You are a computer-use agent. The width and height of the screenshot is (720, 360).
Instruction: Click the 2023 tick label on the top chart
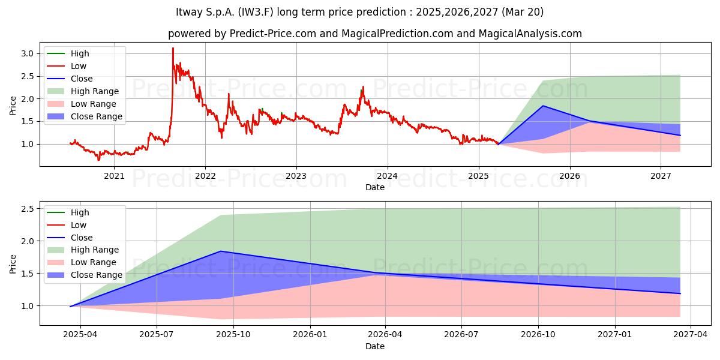click(x=296, y=176)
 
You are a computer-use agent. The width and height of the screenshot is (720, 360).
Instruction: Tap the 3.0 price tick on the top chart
click(x=28, y=53)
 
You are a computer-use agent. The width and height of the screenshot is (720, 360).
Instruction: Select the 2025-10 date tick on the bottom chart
click(x=233, y=335)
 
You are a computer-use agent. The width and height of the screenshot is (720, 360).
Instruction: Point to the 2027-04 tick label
click(x=691, y=335)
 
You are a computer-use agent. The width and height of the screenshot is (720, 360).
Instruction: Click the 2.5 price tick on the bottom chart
click(x=28, y=209)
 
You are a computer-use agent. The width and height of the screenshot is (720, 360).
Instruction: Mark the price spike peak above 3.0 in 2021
click(x=173, y=48)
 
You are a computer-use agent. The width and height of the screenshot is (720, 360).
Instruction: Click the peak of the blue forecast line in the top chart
click(x=543, y=106)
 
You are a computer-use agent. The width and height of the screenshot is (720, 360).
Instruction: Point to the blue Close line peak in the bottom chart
click(x=221, y=251)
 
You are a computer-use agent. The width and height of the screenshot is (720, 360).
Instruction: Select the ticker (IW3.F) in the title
click(x=256, y=12)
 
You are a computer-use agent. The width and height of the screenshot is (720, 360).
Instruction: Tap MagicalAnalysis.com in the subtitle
click(x=530, y=34)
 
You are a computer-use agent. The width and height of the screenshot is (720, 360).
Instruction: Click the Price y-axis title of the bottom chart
click(x=13, y=264)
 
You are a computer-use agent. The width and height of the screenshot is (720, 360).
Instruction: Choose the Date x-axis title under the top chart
click(x=375, y=187)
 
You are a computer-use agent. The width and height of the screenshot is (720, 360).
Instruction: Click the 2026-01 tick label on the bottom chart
click(x=310, y=335)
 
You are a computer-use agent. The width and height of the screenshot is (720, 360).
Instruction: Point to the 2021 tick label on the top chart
click(x=114, y=176)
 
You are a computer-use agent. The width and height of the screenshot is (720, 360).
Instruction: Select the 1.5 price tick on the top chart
click(x=28, y=121)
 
